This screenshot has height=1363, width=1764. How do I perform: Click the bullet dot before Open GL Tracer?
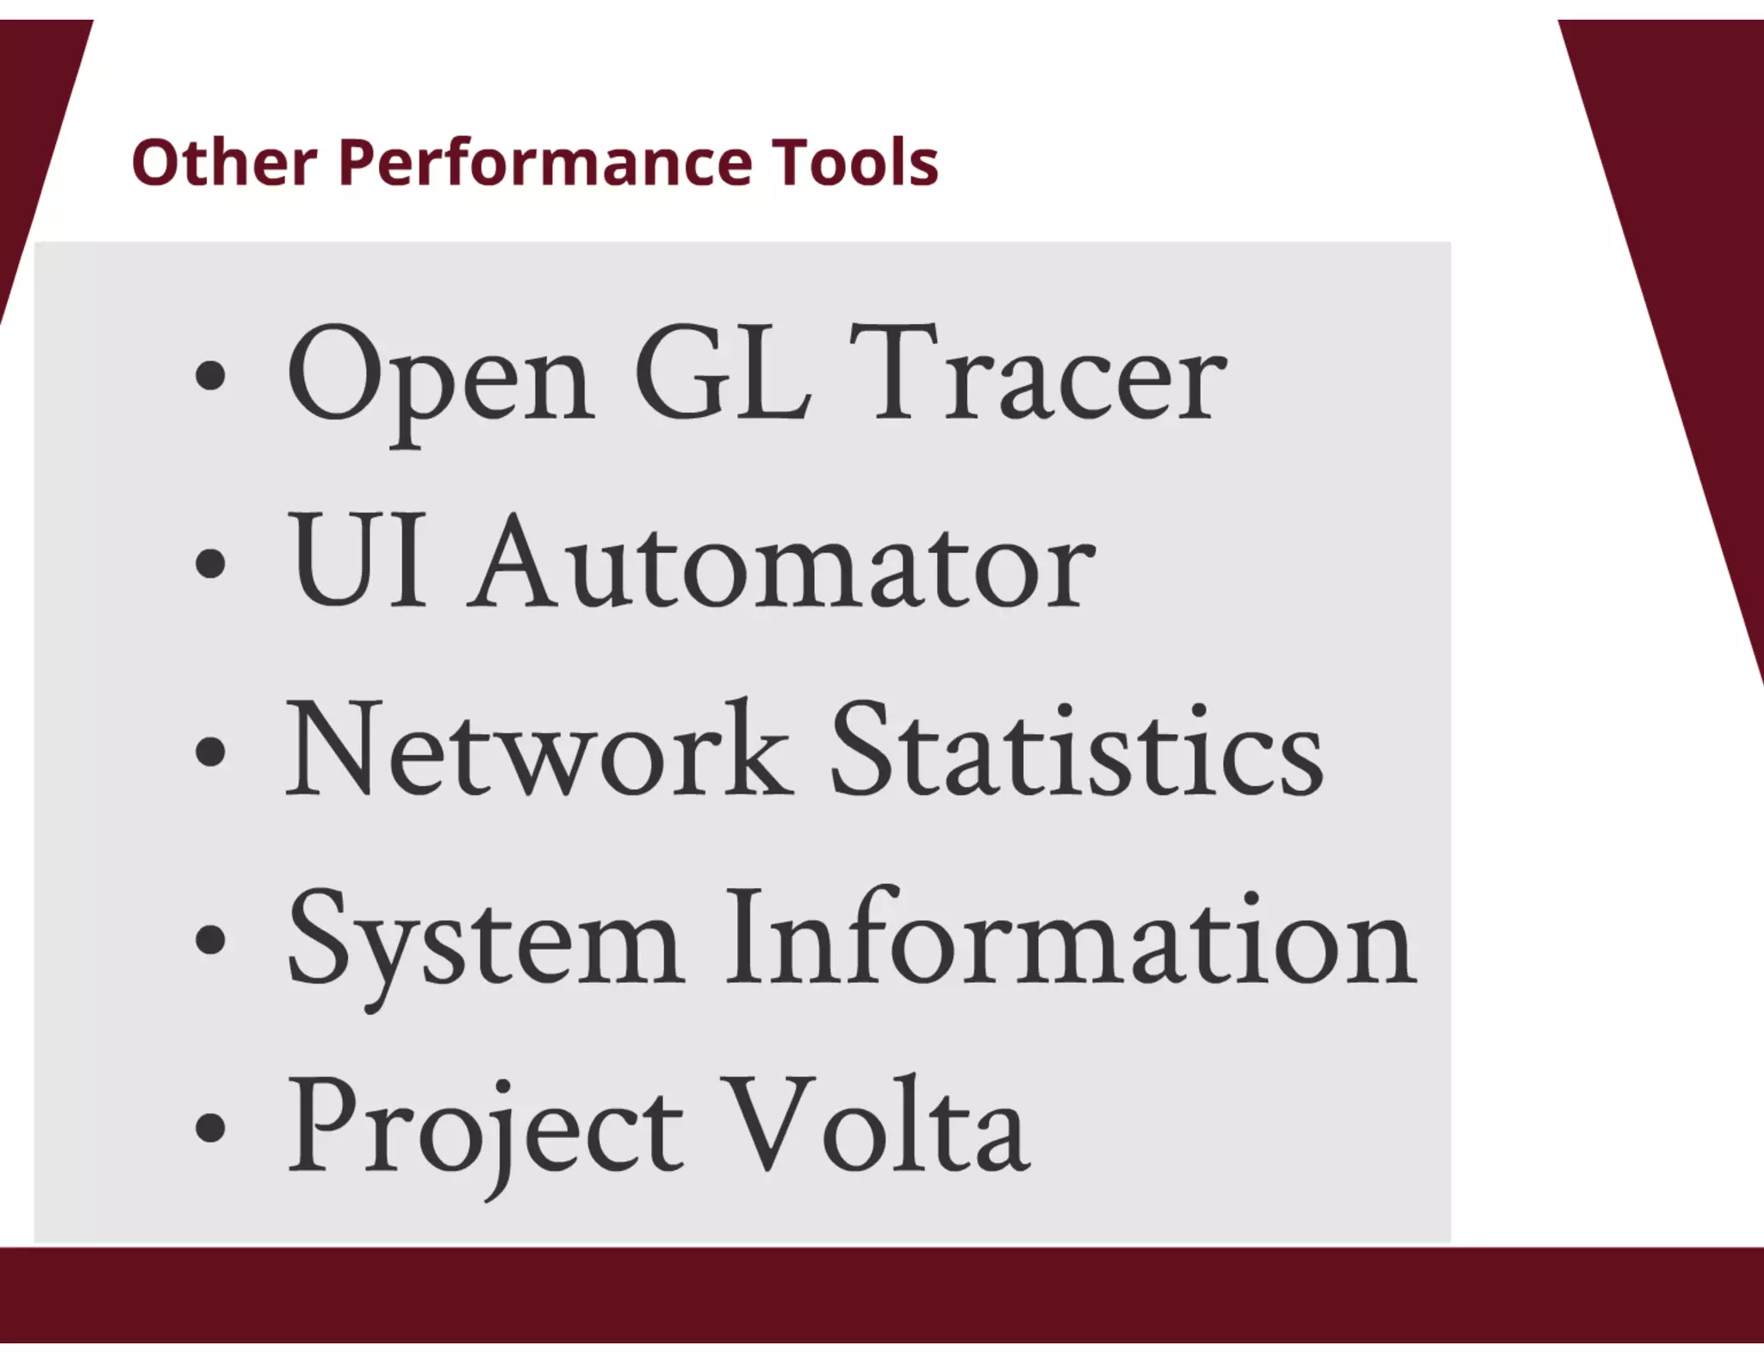click(x=210, y=377)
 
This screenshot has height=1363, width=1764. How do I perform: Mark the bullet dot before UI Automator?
click(x=210, y=565)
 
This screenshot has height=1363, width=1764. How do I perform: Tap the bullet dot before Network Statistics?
click(x=210, y=752)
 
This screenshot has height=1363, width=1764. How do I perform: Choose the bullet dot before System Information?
click(x=210, y=940)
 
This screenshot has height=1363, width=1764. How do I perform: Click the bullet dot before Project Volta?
click(x=210, y=1128)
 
